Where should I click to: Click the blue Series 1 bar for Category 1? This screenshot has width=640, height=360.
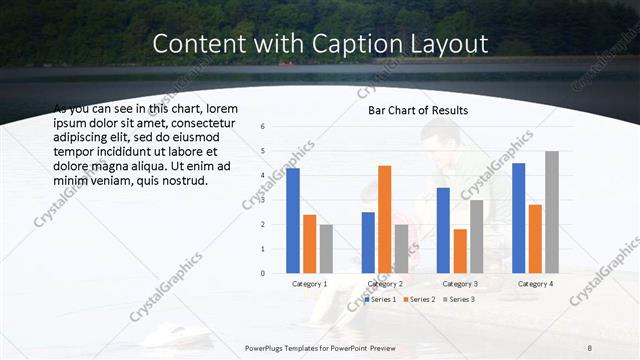293,220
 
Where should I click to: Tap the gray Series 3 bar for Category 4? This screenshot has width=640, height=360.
552,212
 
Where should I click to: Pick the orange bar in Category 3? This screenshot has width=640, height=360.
460,251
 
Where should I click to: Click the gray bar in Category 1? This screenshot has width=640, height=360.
326,248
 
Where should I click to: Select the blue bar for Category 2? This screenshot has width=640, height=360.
368,242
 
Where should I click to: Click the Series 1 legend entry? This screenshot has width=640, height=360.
380,299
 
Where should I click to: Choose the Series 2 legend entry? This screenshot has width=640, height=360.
419,299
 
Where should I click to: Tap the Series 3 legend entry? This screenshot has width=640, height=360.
458,299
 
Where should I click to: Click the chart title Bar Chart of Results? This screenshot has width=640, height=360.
412,110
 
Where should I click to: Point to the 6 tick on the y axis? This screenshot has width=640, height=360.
261,127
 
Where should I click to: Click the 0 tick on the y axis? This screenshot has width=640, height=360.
261,273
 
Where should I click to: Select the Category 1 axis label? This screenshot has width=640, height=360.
310,284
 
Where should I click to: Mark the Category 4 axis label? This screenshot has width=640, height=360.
536,284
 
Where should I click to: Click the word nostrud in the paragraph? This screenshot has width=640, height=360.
182,181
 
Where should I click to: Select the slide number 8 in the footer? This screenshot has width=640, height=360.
590,347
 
